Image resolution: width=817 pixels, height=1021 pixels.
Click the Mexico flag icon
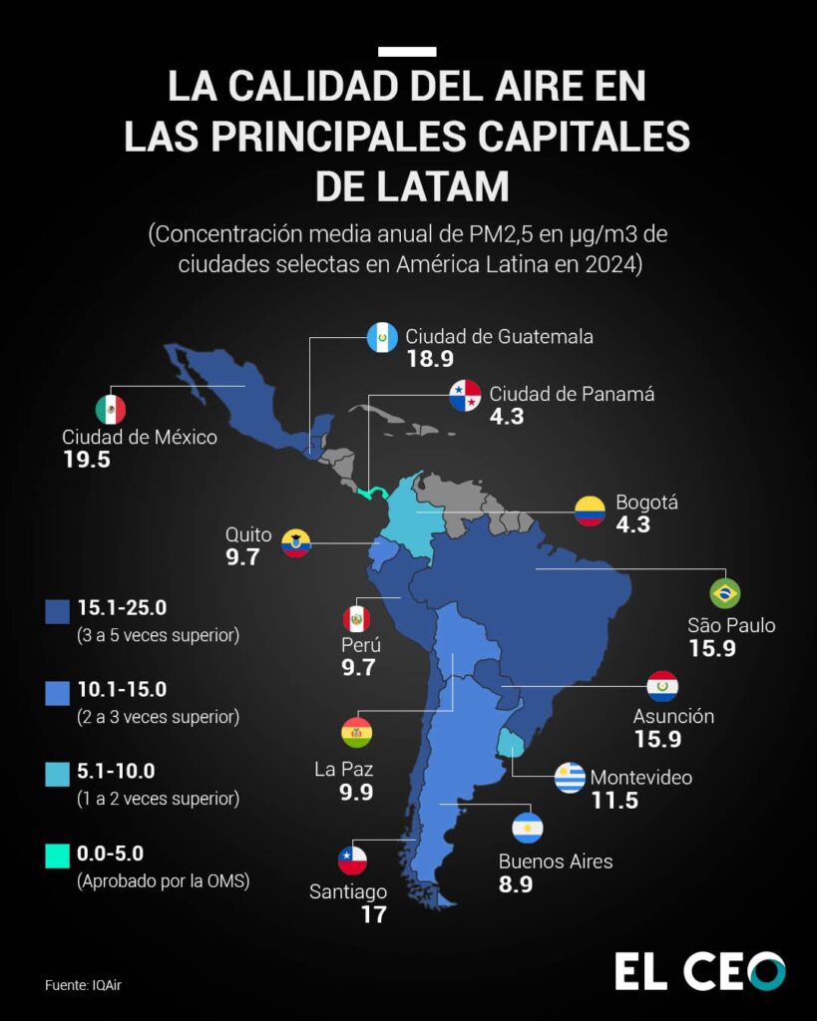point(110,409)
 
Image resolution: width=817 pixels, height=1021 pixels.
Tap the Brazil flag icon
point(724,592)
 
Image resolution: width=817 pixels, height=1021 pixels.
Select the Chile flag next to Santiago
point(352,859)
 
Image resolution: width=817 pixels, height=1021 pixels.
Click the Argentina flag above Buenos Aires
point(527,828)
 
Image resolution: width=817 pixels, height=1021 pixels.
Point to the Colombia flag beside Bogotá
point(590,511)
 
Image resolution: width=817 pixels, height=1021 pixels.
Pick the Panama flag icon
point(464,396)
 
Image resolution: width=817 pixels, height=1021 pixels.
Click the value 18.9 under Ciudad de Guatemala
point(430,359)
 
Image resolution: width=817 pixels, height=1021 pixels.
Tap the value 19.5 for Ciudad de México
point(86,460)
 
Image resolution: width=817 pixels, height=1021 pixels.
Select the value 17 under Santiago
point(373,913)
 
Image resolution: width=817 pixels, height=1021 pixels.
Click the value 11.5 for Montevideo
point(613,800)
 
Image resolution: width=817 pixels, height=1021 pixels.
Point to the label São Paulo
point(731,626)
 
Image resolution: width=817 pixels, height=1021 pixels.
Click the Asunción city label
point(673,716)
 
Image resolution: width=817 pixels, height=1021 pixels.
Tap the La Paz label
point(343,769)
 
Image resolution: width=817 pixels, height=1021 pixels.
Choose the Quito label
point(248,534)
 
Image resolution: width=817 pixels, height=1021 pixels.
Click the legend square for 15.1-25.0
point(57,610)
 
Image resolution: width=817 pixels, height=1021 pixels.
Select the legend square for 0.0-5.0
point(57,855)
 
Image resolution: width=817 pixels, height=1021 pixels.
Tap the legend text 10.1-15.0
point(122,689)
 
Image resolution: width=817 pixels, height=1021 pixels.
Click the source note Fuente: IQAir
point(89,985)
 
